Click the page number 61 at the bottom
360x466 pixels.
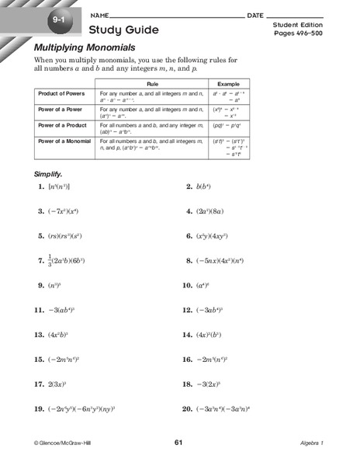[178, 442]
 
